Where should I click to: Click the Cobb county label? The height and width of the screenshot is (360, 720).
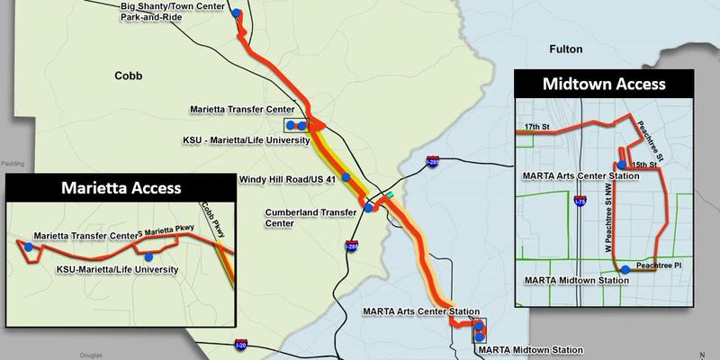[x=129, y=76]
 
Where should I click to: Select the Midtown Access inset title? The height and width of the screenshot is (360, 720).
[x=603, y=85]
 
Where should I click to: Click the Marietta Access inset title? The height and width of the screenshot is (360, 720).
[x=121, y=188]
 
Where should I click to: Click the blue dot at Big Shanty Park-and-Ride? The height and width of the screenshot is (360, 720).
[x=236, y=13]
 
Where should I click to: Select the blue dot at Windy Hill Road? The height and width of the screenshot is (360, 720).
[x=344, y=178]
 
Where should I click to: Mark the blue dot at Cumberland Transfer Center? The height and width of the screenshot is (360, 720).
[x=368, y=208]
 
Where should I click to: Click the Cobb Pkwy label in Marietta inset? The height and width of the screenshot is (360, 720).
[x=212, y=219]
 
